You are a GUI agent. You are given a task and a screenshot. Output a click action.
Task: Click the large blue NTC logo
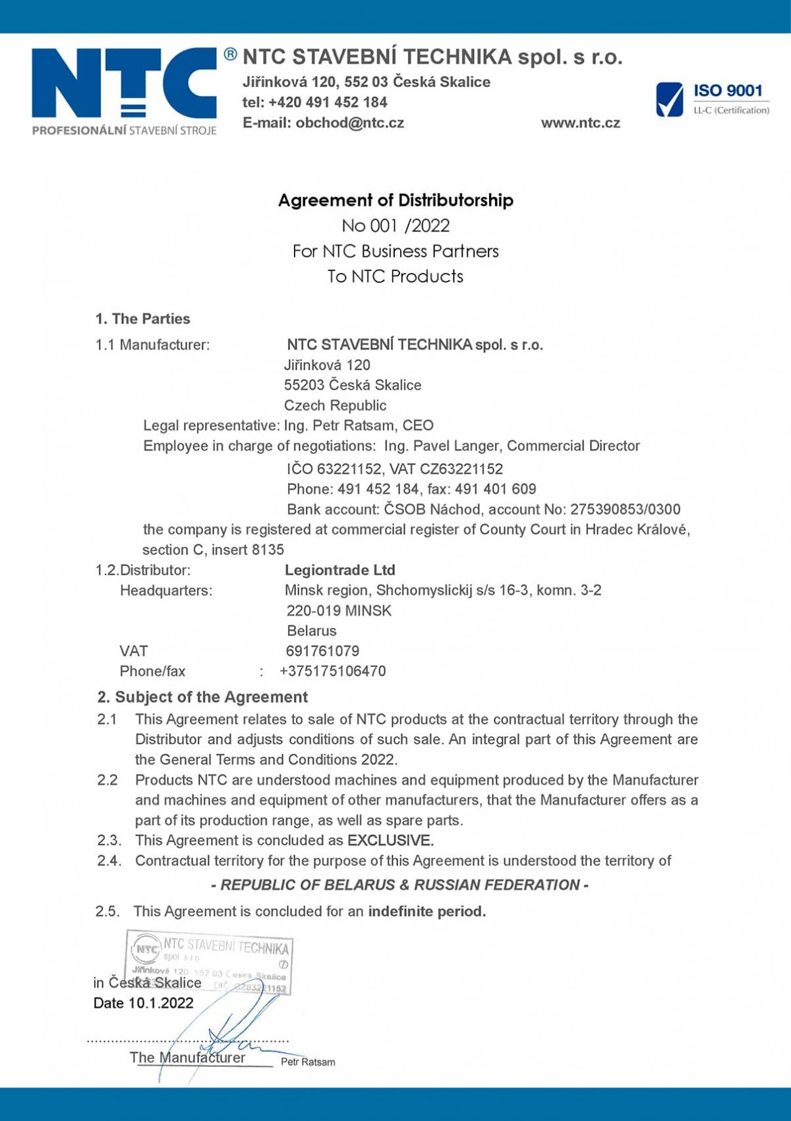(124, 84)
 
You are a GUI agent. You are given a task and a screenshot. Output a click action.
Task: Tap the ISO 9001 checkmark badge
(670, 100)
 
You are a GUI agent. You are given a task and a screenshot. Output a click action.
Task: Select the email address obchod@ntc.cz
(349, 123)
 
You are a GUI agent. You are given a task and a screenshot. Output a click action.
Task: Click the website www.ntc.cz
(580, 123)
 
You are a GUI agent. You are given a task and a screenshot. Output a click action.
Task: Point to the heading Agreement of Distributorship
(395, 200)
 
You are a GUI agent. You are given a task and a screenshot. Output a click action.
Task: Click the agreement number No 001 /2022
(395, 226)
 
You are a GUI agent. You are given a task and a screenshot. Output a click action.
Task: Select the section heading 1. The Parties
(142, 319)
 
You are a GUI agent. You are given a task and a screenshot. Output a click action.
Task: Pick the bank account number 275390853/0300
(625, 509)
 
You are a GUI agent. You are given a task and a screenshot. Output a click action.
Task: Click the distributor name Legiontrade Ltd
(339, 571)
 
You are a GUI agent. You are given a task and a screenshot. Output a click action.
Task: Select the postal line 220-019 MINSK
(339, 611)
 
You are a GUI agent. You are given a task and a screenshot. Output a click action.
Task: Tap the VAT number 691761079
(322, 652)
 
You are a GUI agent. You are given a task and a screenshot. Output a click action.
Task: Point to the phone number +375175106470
(333, 672)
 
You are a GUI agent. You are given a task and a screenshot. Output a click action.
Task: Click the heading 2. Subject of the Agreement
(202, 697)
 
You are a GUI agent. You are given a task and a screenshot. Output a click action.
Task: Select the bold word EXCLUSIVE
(390, 841)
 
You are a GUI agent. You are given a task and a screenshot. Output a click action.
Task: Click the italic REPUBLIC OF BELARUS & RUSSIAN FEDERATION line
(399, 885)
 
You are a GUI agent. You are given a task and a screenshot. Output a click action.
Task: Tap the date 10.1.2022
(161, 1004)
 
